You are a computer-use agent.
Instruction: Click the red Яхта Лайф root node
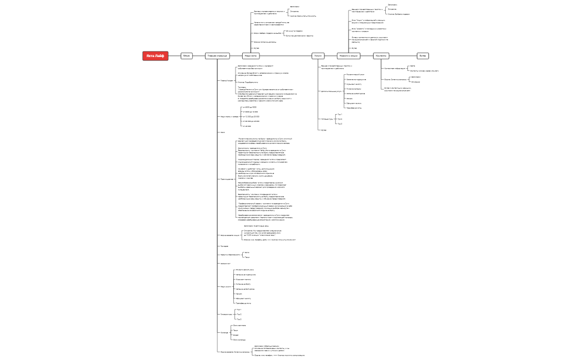tap(155, 55)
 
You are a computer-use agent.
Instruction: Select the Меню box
tap(187, 55)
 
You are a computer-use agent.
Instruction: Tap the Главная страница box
tap(217, 55)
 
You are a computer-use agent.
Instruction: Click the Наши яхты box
tap(251, 55)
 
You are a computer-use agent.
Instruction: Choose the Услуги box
tap(318, 55)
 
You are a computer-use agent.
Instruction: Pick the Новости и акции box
tap(349, 55)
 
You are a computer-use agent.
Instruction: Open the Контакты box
tap(381, 55)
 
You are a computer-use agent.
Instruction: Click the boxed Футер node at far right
tap(422, 55)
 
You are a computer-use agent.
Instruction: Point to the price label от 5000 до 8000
tap(250, 107)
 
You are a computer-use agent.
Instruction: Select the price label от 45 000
tap(247, 126)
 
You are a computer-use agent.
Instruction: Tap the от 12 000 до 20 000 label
tap(252, 117)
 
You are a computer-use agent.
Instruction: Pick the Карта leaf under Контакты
tap(412, 66)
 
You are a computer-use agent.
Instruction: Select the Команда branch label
tap(224, 332)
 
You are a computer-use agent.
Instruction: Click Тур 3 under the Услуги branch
tap(340, 124)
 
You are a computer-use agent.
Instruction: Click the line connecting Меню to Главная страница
tap(198, 55)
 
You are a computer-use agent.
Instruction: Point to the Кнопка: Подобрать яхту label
tap(249, 82)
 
